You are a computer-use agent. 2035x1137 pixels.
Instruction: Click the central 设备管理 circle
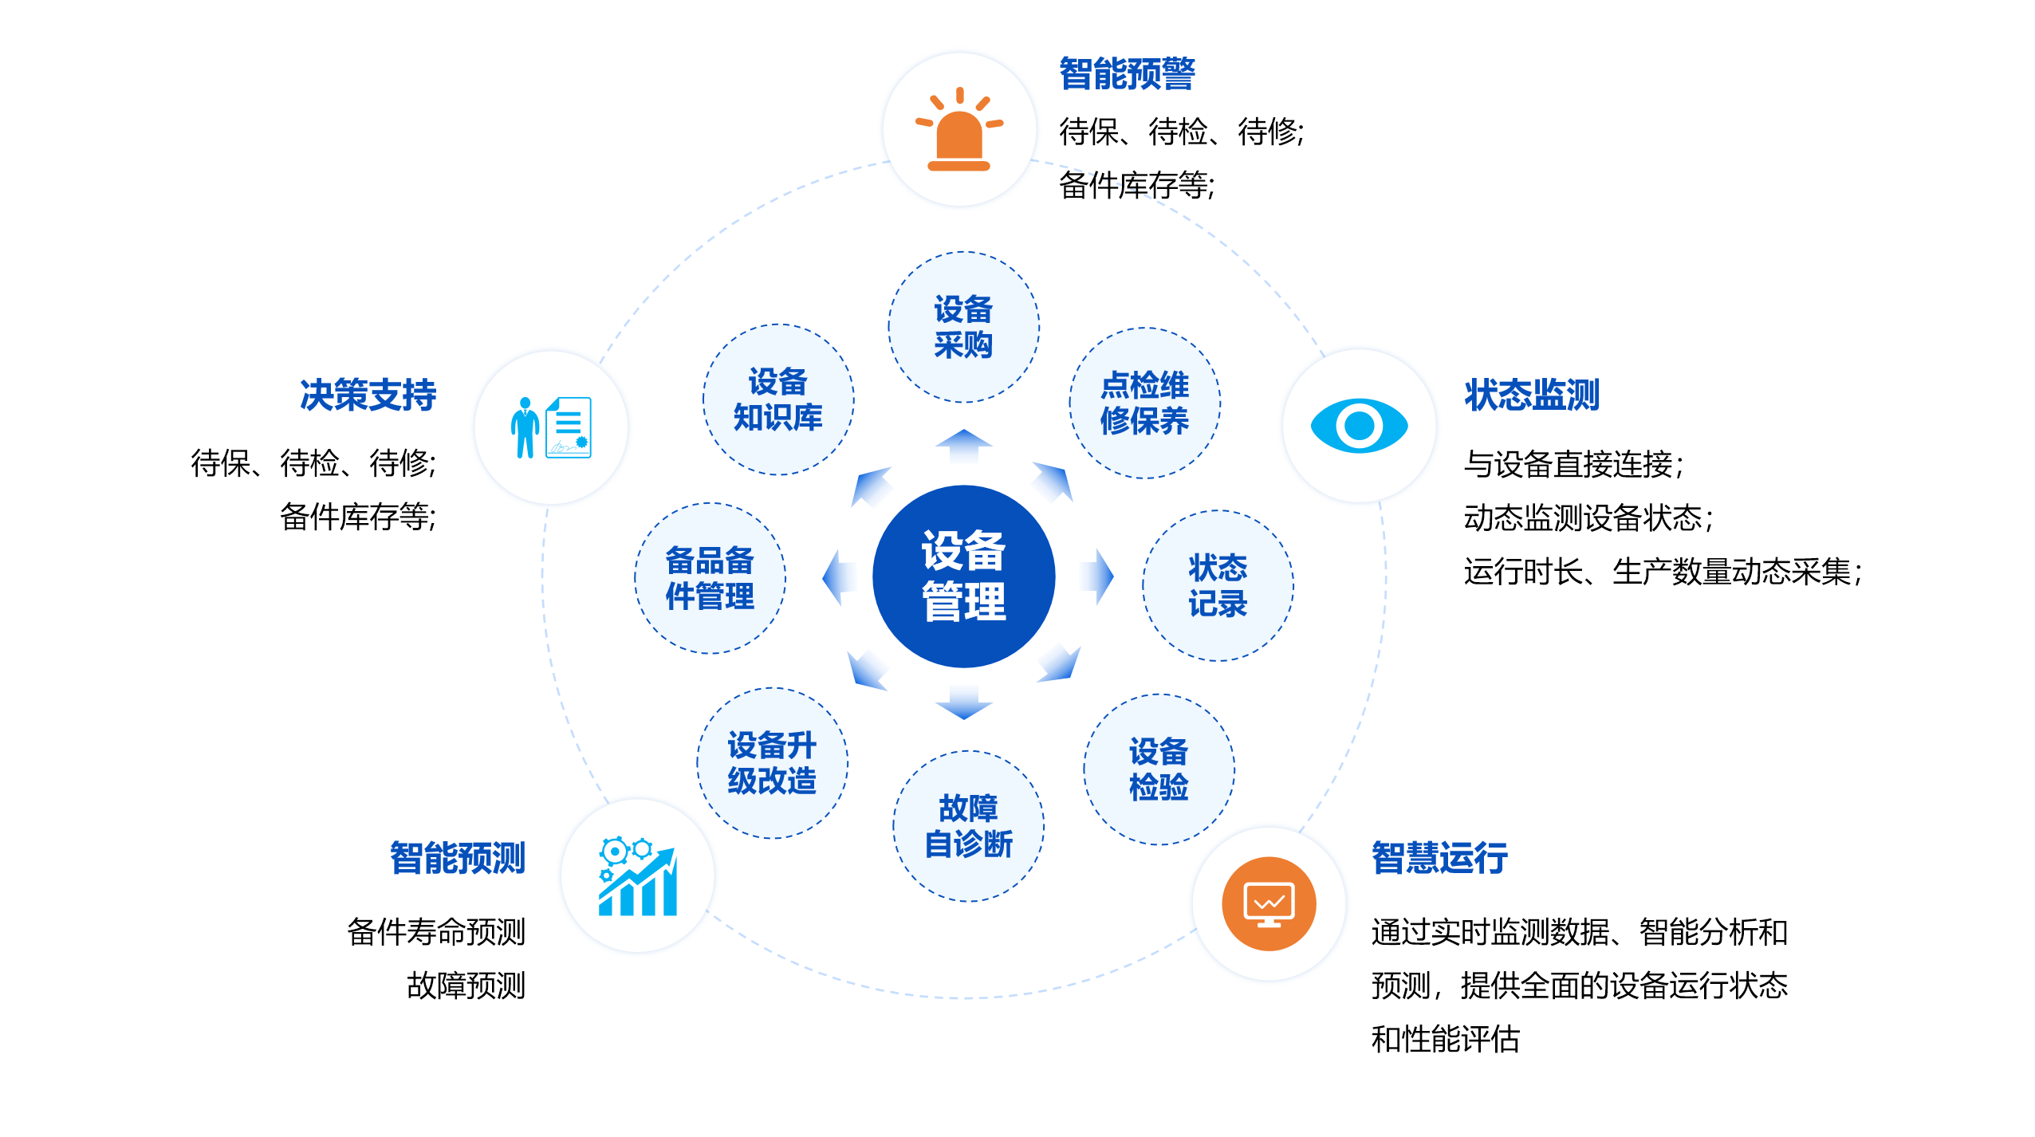pos(963,576)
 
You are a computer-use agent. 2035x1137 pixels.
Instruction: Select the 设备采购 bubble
pos(963,327)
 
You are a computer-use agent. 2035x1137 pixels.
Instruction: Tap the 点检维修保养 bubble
pos(1144,403)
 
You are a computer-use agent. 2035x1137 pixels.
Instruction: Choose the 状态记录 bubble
pos(1218,585)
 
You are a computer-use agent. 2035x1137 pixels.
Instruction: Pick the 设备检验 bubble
pos(1159,769)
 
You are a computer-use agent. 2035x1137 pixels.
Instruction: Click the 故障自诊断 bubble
pos(968,825)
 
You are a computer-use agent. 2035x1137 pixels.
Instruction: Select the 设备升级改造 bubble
pos(772,762)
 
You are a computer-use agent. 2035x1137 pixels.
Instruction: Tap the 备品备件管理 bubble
pos(710,578)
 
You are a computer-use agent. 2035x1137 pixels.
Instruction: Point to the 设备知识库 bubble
pos(777,399)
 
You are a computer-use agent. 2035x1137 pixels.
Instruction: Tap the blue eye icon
pos(1359,426)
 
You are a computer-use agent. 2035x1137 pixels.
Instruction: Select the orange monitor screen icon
pos(1269,903)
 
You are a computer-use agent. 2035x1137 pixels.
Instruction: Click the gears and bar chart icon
pos(637,876)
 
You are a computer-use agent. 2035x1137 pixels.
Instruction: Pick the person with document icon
pos(551,427)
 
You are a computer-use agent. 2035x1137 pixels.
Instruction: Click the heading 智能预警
pos(1127,74)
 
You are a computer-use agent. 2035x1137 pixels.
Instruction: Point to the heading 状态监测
pos(1532,395)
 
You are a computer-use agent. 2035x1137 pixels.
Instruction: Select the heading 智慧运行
pos(1439,858)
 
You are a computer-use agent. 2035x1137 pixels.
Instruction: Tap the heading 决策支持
pos(368,395)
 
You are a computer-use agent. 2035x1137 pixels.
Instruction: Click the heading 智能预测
pos(457,858)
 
